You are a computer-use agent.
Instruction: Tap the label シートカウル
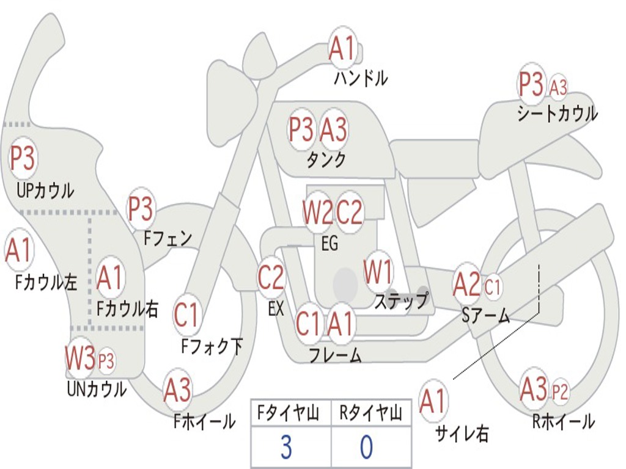tap(557, 114)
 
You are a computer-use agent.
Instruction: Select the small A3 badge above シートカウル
tap(558, 87)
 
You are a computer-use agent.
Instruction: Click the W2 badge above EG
tap(318, 213)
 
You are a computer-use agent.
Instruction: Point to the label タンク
tap(326, 160)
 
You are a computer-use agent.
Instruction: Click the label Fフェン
tap(168, 238)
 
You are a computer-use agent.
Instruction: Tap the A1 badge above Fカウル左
tap(18, 250)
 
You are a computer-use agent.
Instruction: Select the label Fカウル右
tap(128, 308)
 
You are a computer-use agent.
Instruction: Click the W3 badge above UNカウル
tap(80, 358)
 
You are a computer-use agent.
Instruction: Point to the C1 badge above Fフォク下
tap(186, 314)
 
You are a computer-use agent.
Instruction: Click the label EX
tap(276, 308)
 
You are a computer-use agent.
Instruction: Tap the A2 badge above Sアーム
tap(467, 284)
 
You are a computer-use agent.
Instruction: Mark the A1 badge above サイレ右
tap(433, 401)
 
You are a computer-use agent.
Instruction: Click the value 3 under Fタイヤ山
tap(285, 448)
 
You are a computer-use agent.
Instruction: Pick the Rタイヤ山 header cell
tap(370, 414)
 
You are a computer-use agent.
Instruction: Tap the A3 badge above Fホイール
tap(177, 390)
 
